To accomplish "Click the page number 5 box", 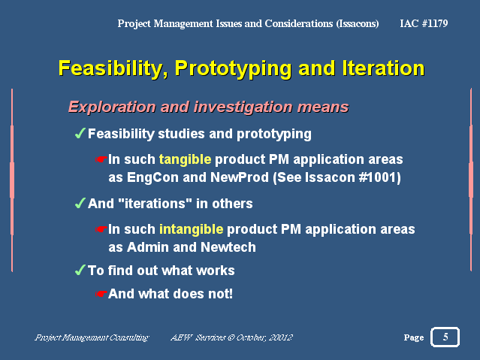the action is click(445, 337).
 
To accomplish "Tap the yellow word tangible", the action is click(185, 159).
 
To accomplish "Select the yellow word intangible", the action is click(191, 229).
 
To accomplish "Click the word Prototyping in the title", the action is click(233, 68).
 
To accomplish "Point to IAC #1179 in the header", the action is click(424, 23).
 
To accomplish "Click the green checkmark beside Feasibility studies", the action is click(80, 133).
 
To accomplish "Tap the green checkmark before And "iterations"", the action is click(80, 203).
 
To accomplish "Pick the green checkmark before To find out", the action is click(80, 270).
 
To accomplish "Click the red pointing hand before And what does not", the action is click(101, 294).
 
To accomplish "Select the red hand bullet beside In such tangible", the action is click(101, 159).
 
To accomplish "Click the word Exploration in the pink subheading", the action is click(112, 107).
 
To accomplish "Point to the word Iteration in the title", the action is click(383, 68).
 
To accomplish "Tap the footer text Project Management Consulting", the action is click(92, 337).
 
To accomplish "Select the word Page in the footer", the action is click(414, 337).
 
